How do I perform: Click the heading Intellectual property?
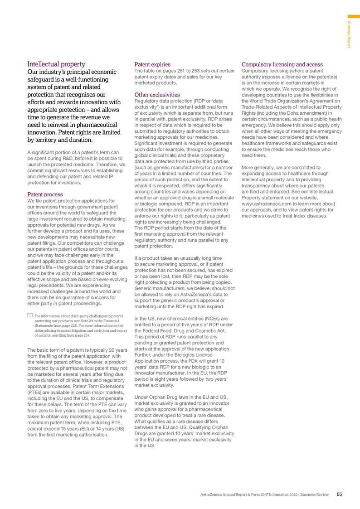(x=56, y=64)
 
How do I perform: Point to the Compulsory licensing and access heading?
(x=282, y=64)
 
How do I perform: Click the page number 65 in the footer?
(x=339, y=494)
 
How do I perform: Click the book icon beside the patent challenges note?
(x=30, y=315)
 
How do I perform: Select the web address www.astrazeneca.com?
(x=268, y=204)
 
